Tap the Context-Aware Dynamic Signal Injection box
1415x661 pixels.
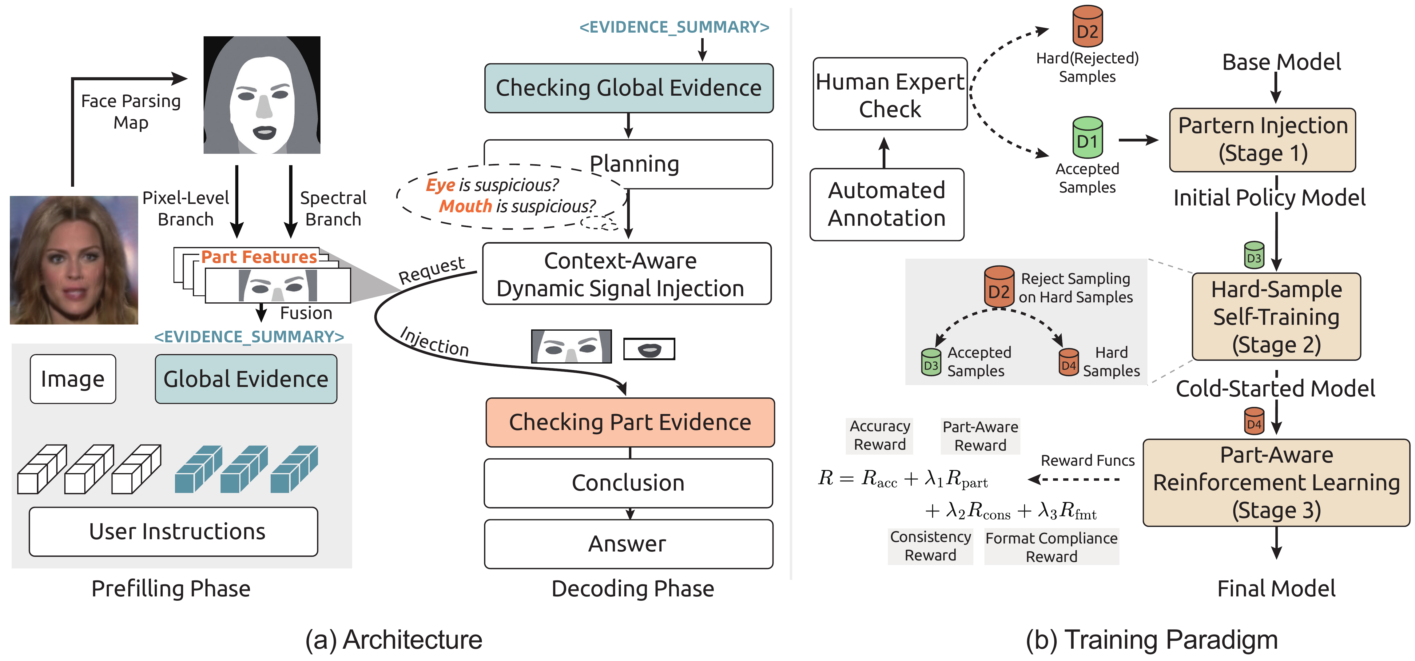(626, 274)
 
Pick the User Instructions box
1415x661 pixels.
(173, 531)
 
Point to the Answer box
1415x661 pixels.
(628, 544)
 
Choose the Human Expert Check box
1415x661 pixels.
(889, 94)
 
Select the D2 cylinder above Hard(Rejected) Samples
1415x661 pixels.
(1087, 26)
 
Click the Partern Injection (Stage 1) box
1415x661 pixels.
(1262, 140)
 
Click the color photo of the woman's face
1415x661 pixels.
(74, 260)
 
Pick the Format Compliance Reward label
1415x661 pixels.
(1051, 547)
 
